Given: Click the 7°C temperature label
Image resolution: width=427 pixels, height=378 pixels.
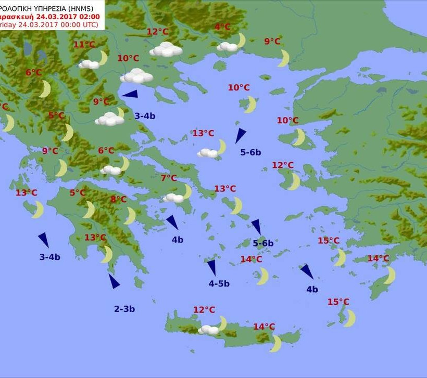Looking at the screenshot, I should pyautogui.click(x=168, y=178).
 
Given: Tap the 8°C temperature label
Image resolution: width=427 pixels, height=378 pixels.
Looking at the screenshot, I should pyautogui.click(x=118, y=199).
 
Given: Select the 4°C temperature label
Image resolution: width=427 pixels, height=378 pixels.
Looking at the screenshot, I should pyautogui.click(x=222, y=27).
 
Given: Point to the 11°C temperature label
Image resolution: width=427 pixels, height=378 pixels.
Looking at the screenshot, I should pyautogui.click(x=84, y=45).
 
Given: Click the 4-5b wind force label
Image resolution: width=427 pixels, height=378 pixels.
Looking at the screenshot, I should pyautogui.click(x=219, y=284).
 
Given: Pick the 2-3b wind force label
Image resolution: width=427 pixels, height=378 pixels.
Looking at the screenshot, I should pyautogui.click(x=124, y=309).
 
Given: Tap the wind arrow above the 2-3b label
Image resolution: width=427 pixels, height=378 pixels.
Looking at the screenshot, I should pyautogui.click(x=114, y=281).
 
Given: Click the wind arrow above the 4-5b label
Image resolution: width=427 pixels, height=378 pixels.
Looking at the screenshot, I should pyautogui.click(x=211, y=267).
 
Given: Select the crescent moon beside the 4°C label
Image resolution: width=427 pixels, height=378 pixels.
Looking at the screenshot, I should pyautogui.click(x=241, y=40).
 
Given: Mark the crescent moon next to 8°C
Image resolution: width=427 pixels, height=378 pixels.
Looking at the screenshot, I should pyautogui.click(x=130, y=216).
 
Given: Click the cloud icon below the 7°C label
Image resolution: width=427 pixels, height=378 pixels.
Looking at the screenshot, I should pyautogui.click(x=173, y=198).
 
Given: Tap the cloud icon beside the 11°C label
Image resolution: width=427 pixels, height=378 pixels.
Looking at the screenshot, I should pyautogui.click(x=89, y=64).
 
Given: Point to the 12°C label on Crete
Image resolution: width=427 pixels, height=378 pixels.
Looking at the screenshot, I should pyautogui.click(x=204, y=310).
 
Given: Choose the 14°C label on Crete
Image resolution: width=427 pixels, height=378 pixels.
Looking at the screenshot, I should pyautogui.click(x=264, y=327).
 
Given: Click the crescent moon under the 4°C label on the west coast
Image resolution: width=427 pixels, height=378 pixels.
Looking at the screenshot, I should pyautogui.click(x=8, y=123).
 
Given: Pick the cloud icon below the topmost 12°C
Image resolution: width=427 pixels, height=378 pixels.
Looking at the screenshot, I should pyautogui.click(x=166, y=50).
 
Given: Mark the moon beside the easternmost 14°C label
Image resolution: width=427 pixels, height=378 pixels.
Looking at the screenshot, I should pyautogui.click(x=390, y=275).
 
